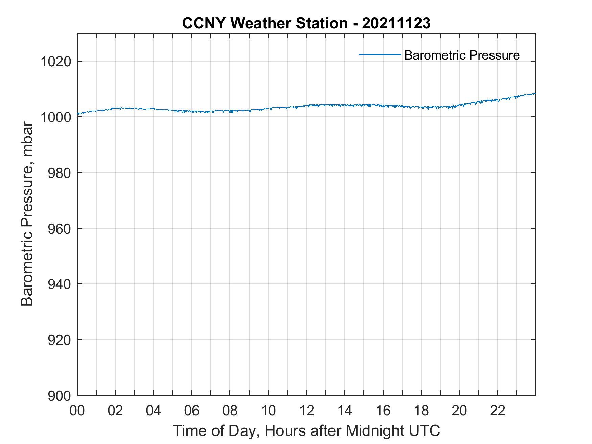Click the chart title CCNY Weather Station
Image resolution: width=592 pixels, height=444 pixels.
tap(265, 23)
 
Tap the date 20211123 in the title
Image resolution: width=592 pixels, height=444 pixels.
tap(396, 23)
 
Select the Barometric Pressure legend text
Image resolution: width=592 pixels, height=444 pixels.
tap(462, 55)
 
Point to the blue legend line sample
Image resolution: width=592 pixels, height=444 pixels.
tap(380, 54)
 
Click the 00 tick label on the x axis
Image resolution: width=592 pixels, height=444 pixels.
tap(77, 411)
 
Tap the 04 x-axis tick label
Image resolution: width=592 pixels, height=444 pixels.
tap(154, 411)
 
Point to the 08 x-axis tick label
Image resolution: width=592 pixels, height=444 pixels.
tap(230, 411)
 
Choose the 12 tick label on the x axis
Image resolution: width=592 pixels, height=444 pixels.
tap(306, 411)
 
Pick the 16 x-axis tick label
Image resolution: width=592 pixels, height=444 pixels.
tap(383, 411)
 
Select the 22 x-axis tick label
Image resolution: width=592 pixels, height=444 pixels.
tap(498, 411)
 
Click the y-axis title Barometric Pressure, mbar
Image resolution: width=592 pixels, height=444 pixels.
tap(27, 214)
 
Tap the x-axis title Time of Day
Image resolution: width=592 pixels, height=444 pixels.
tap(306, 431)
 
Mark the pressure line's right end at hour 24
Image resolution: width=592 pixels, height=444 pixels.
tap(535, 94)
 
